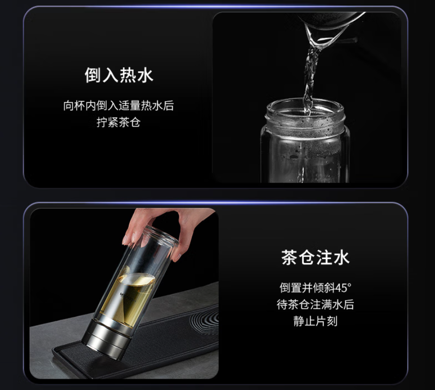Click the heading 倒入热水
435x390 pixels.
(x=119, y=75)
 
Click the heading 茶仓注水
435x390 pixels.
(x=315, y=257)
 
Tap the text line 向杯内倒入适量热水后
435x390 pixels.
(x=118, y=106)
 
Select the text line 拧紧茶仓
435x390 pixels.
(x=118, y=122)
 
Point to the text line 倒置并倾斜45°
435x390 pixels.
(x=315, y=288)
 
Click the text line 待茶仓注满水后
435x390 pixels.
(x=315, y=304)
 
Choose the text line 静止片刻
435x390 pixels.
(x=315, y=321)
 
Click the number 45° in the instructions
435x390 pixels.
(x=343, y=288)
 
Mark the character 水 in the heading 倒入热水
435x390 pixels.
(x=145, y=75)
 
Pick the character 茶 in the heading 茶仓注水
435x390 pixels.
(x=290, y=257)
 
